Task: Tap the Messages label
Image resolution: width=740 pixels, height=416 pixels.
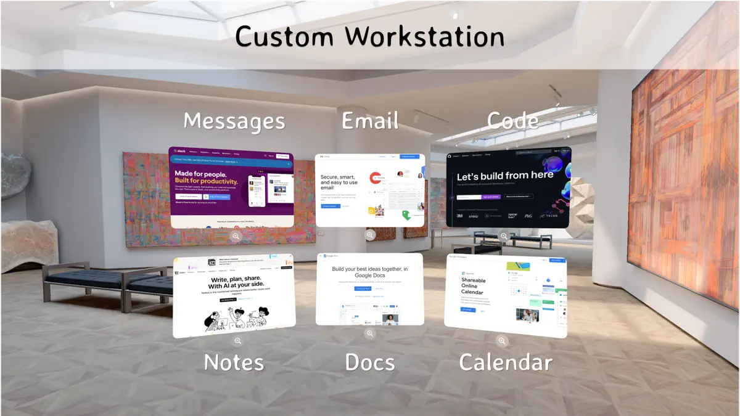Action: pos(234,121)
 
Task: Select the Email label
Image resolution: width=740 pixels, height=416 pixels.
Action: pos(370,120)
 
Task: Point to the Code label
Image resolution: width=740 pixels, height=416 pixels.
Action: pos(512,120)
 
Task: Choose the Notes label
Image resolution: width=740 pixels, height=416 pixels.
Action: pos(234,362)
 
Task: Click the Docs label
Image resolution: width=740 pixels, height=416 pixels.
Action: pos(370,362)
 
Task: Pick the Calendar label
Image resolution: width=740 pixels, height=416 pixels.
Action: pos(506,362)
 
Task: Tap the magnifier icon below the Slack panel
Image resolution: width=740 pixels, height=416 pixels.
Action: pos(236,236)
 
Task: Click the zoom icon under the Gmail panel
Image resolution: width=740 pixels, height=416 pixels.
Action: pos(370,235)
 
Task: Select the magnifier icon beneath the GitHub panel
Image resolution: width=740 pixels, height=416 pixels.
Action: pos(504,236)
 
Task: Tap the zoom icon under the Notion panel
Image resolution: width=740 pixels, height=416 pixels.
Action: pos(237,341)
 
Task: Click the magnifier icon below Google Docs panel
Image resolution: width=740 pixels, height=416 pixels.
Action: pos(369,333)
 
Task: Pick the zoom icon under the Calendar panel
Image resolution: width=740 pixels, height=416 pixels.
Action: pos(502,340)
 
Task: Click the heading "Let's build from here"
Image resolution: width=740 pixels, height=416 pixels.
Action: pos(505,176)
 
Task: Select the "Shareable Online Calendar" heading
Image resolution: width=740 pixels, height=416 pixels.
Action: pos(474,287)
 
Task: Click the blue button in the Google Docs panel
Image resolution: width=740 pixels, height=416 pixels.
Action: pos(362,288)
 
